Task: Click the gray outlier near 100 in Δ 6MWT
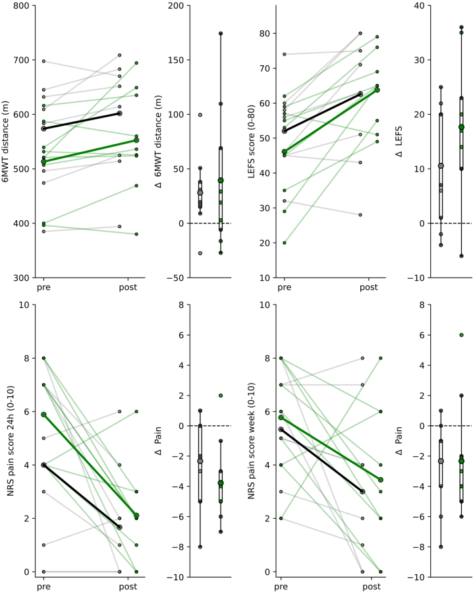tap(200, 115)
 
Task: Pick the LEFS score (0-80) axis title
tap(250, 142)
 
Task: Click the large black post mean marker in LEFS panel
tap(360, 94)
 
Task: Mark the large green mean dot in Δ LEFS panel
tap(461, 127)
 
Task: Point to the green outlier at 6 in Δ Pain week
tap(461, 335)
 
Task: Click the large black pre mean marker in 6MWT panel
tap(43, 129)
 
